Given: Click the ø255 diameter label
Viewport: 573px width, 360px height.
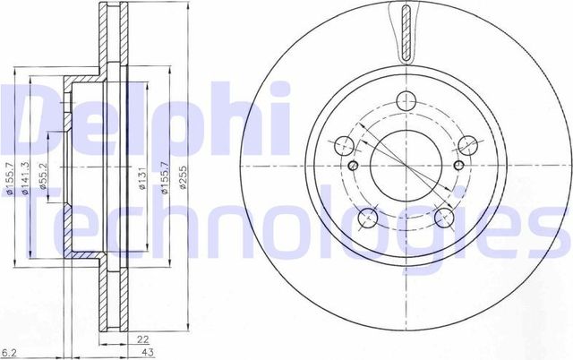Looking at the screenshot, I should (x=184, y=184).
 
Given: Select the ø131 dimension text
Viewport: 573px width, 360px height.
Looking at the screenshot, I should (x=141, y=184).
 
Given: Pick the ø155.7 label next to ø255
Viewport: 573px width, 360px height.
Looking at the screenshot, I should (x=162, y=184).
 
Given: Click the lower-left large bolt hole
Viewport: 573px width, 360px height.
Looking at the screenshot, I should (x=367, y=219).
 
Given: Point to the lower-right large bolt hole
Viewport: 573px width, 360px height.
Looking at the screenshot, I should (x=444, y=219).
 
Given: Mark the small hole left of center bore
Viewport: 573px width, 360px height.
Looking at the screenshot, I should (x=353, y=166).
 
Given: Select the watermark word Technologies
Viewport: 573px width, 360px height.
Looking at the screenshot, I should (x=286, y=227).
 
